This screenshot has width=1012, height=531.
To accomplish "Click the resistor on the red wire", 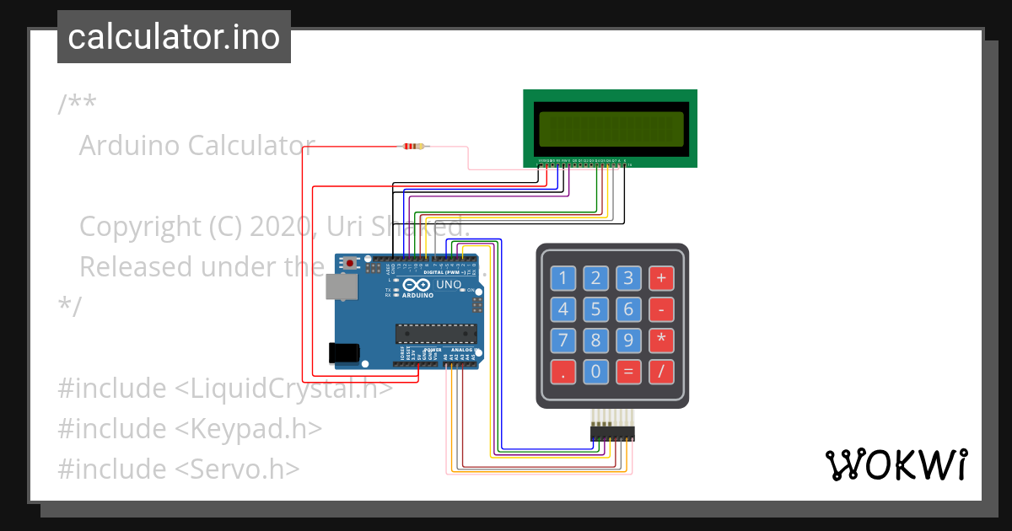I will pyautogui.click(x=412, y=147).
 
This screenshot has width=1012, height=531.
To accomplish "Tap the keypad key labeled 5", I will pyautogui.click(x=596, y=309).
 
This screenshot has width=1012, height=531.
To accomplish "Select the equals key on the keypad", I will pyautogui.click(x=628, y=371).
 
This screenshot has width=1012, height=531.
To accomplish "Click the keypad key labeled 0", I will pyautogui.click(x=596, y=371).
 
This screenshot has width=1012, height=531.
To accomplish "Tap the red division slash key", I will pyautogui.click(x=661, y=371).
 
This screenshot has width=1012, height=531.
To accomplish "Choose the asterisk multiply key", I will pyautogui.click(x=661, y=341).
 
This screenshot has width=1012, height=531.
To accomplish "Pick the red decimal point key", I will pyautogui.click(x=563, y=371).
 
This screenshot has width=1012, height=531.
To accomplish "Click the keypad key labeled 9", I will pyautogui.click(x=628, y=341).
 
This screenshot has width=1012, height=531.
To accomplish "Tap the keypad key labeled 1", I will pyautogui.click(x=563, y=278).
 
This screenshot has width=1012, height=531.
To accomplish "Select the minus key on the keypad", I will pyautogui.click(x=661, y=309).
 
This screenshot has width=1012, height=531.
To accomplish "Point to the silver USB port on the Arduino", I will pyautogui.click(x=341, y=287).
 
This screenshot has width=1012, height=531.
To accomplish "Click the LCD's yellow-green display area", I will pyautogui.click(x=611, y=128).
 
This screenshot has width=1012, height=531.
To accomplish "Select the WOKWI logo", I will pyautogui.click(x=896, y=464).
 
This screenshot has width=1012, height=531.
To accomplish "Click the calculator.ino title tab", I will pyautogui.click(x=174, y=37).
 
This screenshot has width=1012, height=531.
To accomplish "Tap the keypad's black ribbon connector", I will pyautogui.click(x=612, y=433).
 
